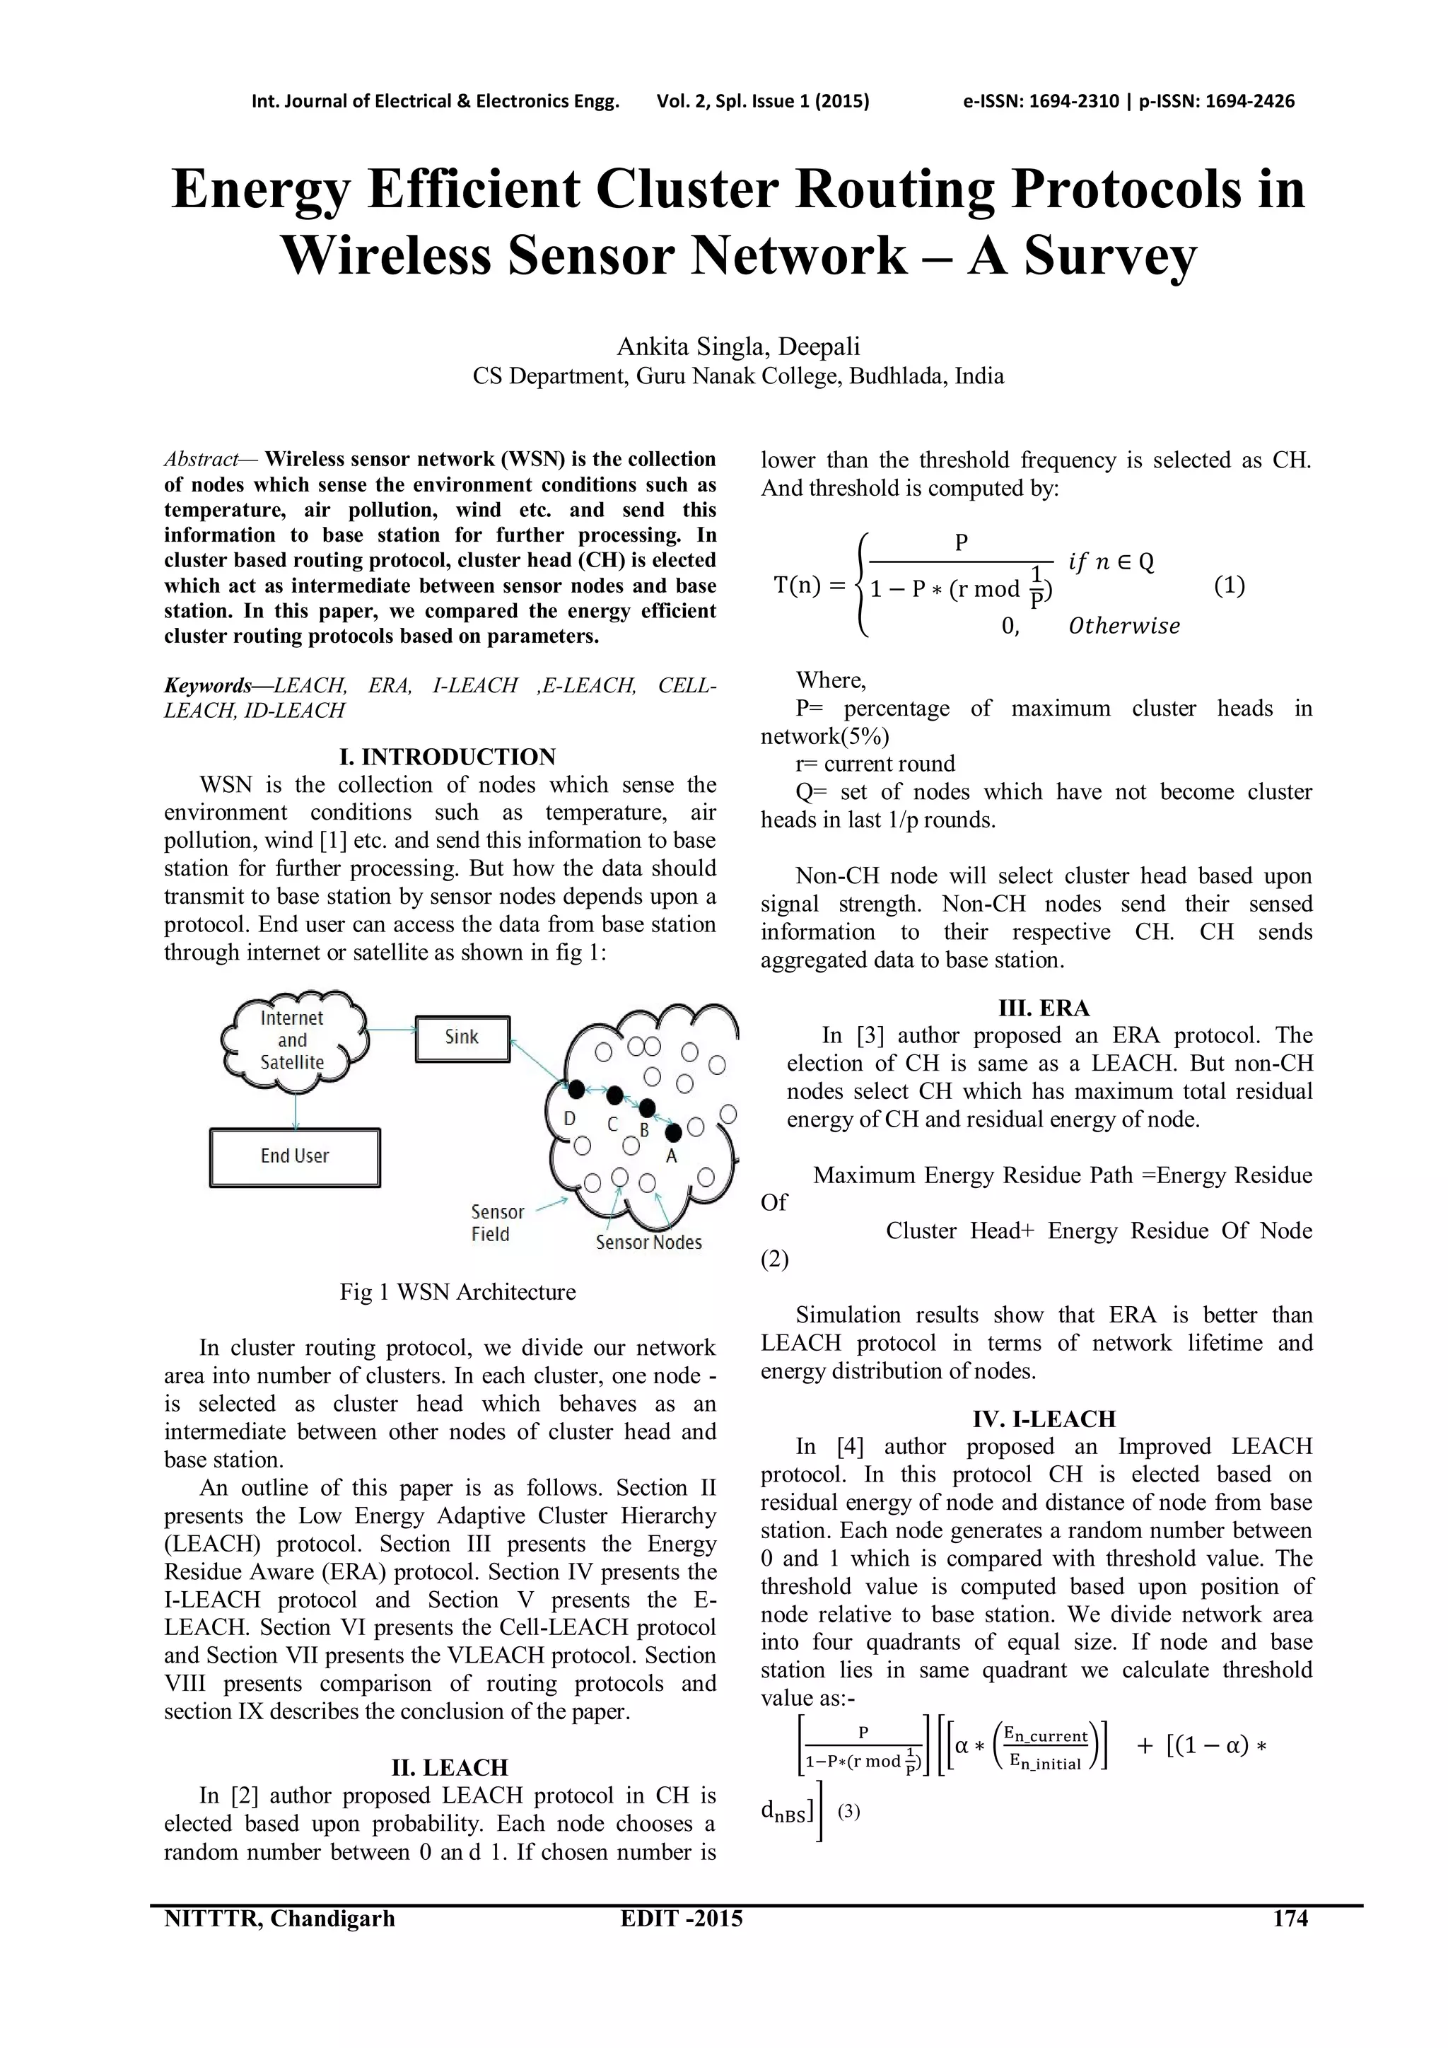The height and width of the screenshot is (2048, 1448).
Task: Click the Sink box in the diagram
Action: pyautogui.click(x=462, y=1038)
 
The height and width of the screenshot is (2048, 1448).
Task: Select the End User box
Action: pyautogui.click(x=295, y=1157)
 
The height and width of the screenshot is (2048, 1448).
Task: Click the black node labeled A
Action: pyautogui.click(x=673, y=1132)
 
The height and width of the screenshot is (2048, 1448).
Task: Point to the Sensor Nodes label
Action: pyautogui.click(x=648, y=1243)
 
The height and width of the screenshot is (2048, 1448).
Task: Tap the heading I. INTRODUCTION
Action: pyautogui.click(x=448, y=757)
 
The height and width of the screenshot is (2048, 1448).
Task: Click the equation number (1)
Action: pyautogui.click(x=1230, y=586)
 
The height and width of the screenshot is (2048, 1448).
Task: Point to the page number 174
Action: pyautogui.click(x=1290, y=1919)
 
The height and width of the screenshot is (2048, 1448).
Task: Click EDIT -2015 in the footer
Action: pyautogui.click(x=681, y=1919)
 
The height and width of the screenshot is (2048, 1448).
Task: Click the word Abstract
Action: pyautogui.click(x=201, y=460)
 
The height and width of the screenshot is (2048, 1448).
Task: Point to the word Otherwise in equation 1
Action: pyautogui.click(x=1123, y=626)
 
